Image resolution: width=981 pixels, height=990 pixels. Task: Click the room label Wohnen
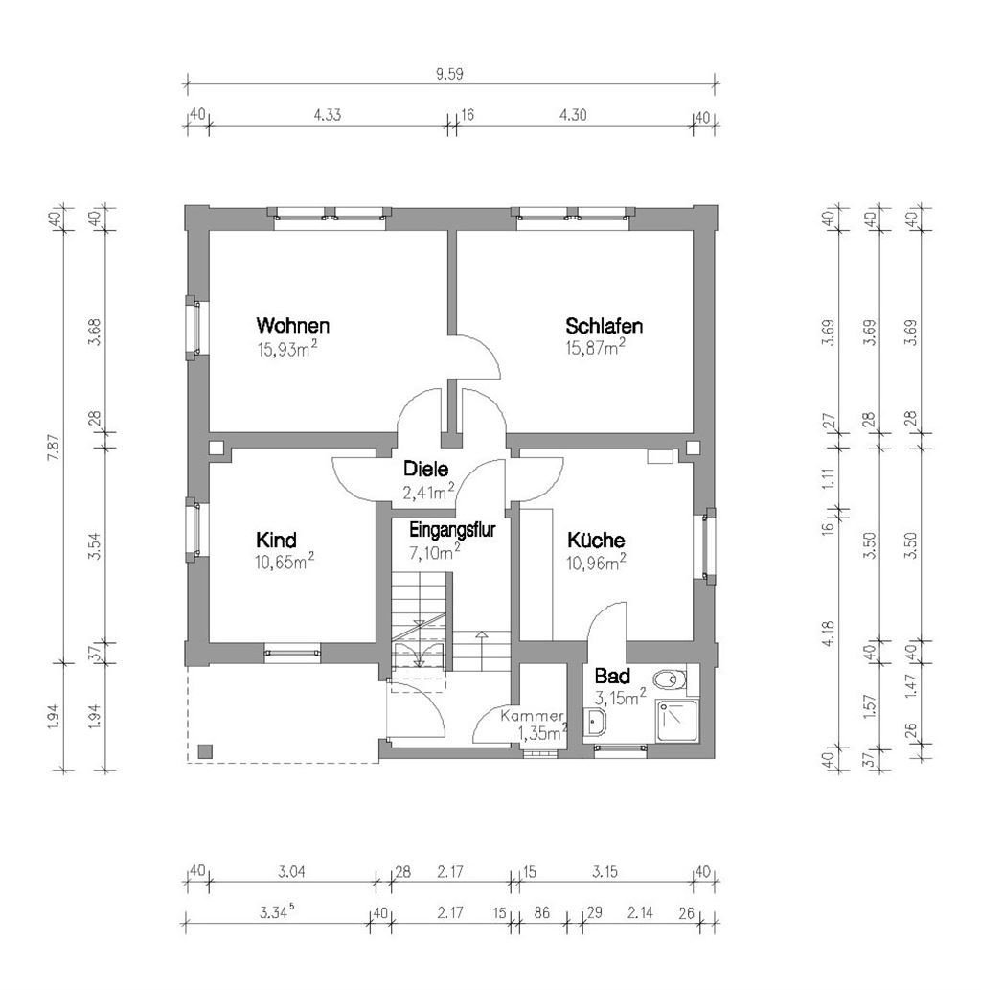[x=293, y=325]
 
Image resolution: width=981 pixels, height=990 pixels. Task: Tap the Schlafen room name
[x=604, y=326]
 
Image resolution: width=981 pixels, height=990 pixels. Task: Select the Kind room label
[x=276, y=539]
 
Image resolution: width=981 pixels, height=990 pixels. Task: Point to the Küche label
[x=595, y=540]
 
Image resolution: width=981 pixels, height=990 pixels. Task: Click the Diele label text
[x=427, y=470]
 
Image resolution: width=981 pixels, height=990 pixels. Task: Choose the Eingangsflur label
[x=452, y=529]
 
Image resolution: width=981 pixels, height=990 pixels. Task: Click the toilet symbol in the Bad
[x=675, y=679]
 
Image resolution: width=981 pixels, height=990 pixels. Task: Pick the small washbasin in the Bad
[x=599, y=725]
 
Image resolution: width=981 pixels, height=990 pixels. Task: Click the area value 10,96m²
[x=596, y=562]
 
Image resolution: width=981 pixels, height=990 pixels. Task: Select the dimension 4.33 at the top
[x=328, y=113]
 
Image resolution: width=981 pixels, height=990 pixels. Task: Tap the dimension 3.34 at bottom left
[x=276, y=912]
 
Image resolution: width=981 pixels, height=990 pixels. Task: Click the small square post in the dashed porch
[x=204, y=751]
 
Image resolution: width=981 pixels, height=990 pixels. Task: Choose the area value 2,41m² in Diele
[x=428, y=493]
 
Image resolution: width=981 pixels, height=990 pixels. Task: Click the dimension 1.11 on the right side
[x=830, y=477]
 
